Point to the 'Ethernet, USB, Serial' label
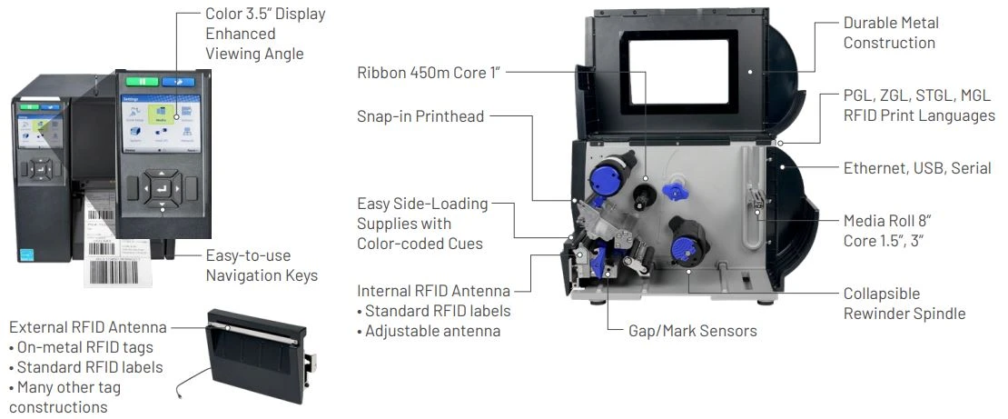[x=916, y=168]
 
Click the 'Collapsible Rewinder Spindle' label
[x=904, y=304]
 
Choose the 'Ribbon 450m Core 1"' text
[x=430, y=72]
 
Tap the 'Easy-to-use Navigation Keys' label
[x=262, y=265]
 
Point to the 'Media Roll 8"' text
[x=886, y=220]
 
